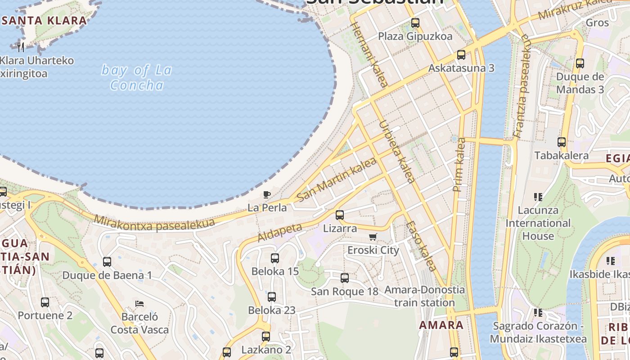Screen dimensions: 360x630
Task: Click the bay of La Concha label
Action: pos(136,77)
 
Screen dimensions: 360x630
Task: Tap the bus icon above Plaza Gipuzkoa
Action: pos(415,22)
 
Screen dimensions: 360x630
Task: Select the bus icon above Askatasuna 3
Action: pos(461,55)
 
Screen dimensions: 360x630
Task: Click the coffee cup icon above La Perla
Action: pos(267,194)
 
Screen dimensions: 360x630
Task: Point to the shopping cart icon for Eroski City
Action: pos(373,237)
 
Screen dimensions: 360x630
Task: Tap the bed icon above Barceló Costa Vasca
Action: pos(139,304)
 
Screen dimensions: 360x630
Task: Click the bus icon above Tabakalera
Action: pos(562,142)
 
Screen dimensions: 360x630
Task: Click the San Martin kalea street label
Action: pos(337,180)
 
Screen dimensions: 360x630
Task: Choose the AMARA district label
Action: pos(441,325)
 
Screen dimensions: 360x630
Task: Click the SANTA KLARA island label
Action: pos(44,20)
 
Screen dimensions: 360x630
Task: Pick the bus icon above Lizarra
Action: pos(340,215)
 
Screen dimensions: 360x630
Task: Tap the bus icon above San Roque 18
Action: pos(345,278)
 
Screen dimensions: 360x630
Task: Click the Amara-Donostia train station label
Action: pos(424,296)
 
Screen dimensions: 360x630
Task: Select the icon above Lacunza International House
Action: pos(538,197)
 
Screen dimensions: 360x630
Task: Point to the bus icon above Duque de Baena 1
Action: pos(107,262)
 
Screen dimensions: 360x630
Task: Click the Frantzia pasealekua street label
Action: pos(522,85)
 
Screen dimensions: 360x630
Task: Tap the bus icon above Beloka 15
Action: pos(275,258)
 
